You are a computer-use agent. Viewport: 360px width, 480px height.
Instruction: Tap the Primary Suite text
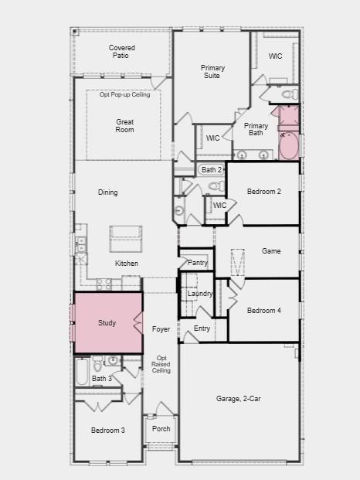(x=212, y=72)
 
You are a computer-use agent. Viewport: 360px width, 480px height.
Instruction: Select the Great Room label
(x=125, y=125)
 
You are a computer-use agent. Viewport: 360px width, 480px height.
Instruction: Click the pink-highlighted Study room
(x=107, y=322)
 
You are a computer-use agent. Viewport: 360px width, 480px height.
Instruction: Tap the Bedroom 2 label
(x=263, y=192)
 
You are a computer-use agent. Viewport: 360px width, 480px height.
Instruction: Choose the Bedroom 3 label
(x=107, y=430)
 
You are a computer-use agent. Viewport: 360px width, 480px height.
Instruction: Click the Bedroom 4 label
(x=263, y=311)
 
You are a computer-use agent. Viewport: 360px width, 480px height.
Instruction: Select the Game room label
(x=271, y=251)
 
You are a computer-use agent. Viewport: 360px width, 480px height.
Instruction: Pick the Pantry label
(x=198, y=264)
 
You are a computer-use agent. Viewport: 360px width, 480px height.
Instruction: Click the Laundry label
(x=200, y=294)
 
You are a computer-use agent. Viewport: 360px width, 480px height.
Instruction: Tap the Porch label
(x=161, y=429)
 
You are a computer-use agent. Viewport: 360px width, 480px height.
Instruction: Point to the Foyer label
(x=161, y=329)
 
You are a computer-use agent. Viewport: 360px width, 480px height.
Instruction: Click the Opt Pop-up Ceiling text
(x=124, y=94)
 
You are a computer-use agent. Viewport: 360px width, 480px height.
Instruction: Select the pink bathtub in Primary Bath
(x=289, y=146)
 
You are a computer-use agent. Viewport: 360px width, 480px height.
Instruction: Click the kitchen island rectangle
(x=126, y=239)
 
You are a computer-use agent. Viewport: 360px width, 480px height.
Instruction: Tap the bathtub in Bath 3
(x=83, y=375)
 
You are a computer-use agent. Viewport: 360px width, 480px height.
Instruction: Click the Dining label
(x=108, y=192)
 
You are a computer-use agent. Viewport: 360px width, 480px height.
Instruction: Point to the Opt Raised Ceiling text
(x=161, y=364)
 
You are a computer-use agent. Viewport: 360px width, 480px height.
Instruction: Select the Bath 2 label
(x=212, y=169)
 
